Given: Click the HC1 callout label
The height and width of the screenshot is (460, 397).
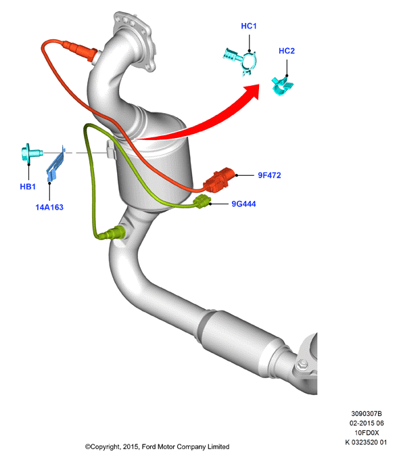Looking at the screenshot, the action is tap(249, 26).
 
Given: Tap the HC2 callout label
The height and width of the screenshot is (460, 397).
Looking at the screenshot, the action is tap(287, 51).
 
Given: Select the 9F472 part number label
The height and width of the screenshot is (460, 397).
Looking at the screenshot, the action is tap(269, 175).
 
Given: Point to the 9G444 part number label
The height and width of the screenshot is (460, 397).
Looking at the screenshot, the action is tap(243, 204).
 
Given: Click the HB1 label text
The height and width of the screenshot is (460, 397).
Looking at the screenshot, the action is tap(28, 187).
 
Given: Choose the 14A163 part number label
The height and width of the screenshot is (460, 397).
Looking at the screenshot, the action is tap(49, 208).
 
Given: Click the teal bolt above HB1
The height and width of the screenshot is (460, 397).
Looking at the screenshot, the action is tap(32, 153).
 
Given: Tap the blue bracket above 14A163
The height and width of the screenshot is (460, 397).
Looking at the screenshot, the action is tap(55, 164).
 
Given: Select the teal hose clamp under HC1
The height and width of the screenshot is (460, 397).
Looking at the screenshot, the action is tap(241, 60).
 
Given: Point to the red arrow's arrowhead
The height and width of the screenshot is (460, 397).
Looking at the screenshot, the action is tap(253, 91).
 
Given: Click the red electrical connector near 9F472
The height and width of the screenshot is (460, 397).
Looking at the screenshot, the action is tap(218, 180).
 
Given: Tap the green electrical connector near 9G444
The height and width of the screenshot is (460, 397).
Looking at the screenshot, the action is tap(202, 202).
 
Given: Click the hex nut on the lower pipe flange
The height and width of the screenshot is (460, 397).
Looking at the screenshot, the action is tap(302, 365).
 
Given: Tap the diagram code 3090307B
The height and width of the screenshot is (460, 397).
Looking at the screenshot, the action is tap(367, 413).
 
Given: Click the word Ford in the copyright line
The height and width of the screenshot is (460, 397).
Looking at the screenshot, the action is tap(149, 446).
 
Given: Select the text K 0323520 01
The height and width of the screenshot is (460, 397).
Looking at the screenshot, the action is tap(366, 442).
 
